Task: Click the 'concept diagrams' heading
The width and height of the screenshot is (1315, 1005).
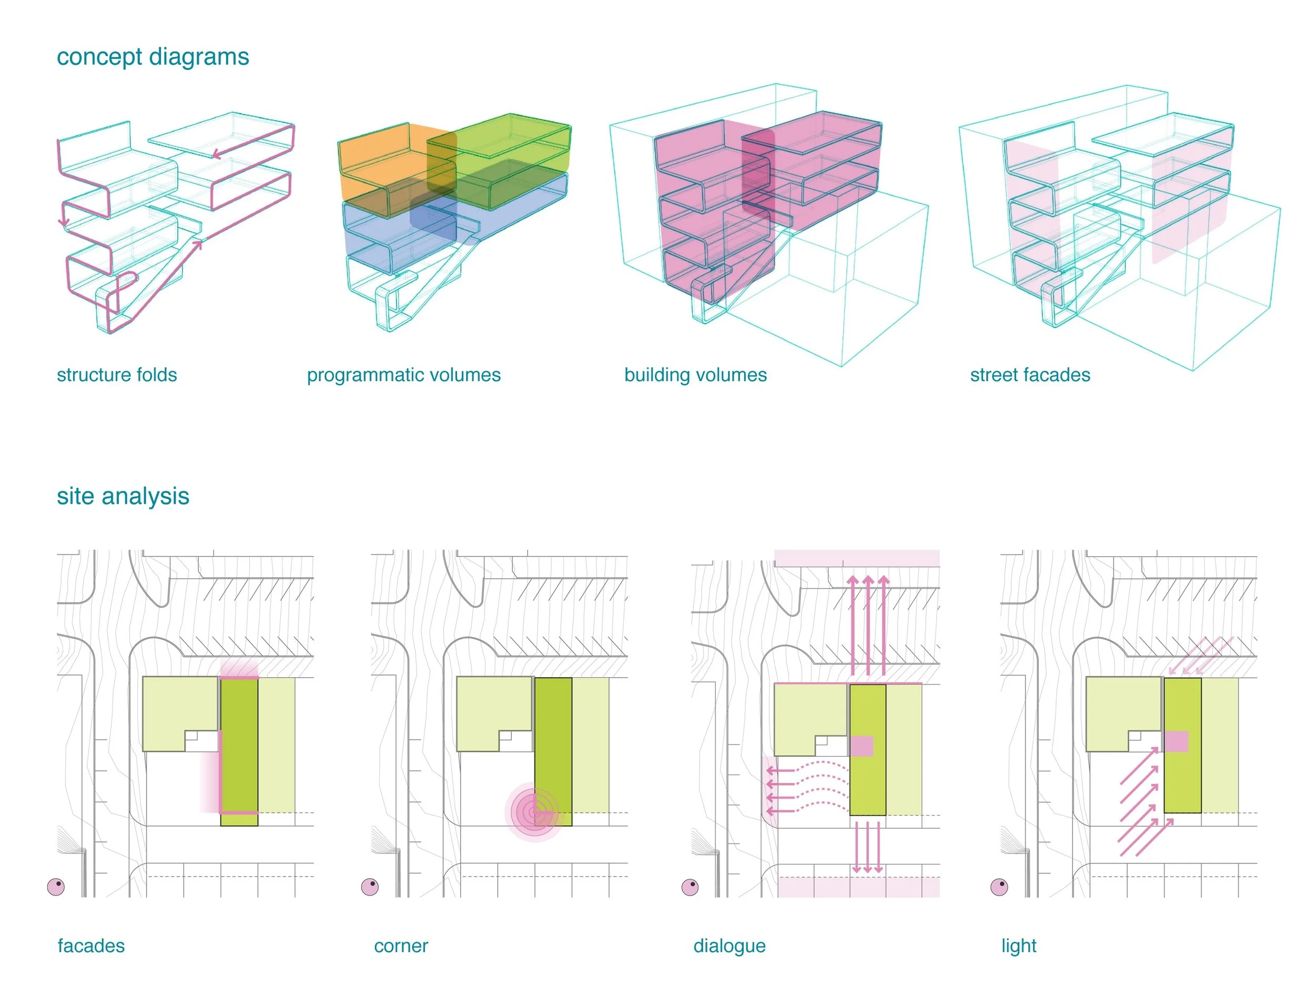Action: pos(153,57)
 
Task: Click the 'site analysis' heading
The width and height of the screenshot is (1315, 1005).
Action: pos(123,496)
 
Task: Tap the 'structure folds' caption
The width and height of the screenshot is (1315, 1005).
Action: pos(117,375)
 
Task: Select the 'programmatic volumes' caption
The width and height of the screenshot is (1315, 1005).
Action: pos(403,375)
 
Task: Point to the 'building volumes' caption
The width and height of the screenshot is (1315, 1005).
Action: pos(695,375)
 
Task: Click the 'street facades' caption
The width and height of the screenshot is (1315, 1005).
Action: pos(1030,375)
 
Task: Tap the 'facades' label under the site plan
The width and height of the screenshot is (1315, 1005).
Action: pos(91,946)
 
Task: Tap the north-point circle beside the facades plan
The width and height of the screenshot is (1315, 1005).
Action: pos(56,887)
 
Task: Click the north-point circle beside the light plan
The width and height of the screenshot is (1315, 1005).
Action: pos(999,887)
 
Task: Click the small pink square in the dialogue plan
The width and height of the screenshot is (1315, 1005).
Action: pos(861,746)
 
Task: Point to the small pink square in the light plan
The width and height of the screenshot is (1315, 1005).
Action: pos(1176,741)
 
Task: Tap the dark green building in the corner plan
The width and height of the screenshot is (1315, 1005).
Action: pos(553,751)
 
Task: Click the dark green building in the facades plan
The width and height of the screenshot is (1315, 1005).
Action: pos(239,751)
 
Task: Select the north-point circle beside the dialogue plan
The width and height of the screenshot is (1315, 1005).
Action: pos(690,887)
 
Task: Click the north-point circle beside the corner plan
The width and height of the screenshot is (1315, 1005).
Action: pos(370,887)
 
